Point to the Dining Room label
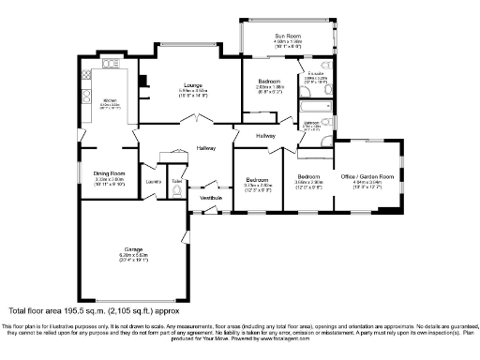click(111, 173)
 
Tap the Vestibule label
click(209, 197)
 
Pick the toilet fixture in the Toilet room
click(176, 192)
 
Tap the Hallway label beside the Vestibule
click(206, 148)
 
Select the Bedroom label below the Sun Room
click(270, 82)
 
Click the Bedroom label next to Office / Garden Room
click(309, 176)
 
